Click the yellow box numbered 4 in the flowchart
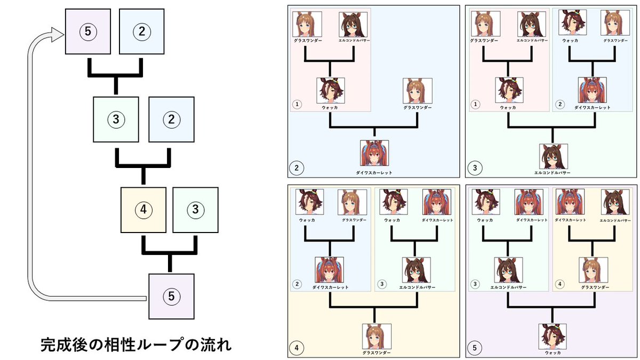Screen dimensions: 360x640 click(x=143, y=210)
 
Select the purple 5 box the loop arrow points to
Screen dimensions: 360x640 click(x=88, y=31)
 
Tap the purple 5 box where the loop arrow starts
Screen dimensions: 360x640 click(x=171, y=295)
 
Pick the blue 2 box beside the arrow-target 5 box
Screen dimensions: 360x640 click(x=141, y=31)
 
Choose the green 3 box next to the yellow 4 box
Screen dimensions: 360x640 click(x=196, y=210)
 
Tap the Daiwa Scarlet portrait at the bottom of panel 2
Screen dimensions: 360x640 click(x=374, y=153)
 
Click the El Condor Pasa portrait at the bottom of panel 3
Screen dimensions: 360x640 click(x=553, y=156)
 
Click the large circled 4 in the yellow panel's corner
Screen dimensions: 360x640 click(x=297, y=349)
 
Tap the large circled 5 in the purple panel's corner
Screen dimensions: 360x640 click(x=475, y=349)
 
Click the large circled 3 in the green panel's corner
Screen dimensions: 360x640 click(x=475, y=169)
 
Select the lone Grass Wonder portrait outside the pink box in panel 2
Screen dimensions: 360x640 click(x=418, y=91)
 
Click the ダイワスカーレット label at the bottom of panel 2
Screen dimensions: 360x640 click(x=374, y=173)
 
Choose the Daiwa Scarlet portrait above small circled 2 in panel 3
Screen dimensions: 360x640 click(x=592, y=90)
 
